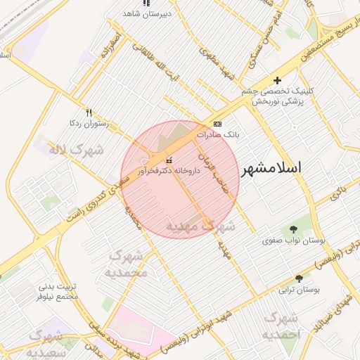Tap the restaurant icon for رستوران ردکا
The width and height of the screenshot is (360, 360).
point(89,112)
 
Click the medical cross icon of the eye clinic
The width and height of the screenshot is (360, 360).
point(277,81)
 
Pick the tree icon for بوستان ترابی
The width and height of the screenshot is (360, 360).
point(299,278)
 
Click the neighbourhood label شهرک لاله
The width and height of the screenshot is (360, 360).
point(75,150)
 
